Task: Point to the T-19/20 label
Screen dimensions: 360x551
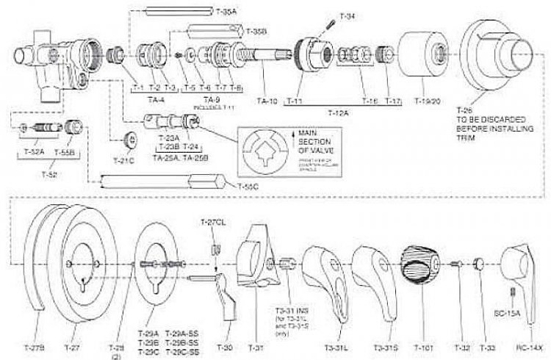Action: (x=427, y=100)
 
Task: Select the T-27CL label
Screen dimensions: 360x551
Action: (x=213, y=222)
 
